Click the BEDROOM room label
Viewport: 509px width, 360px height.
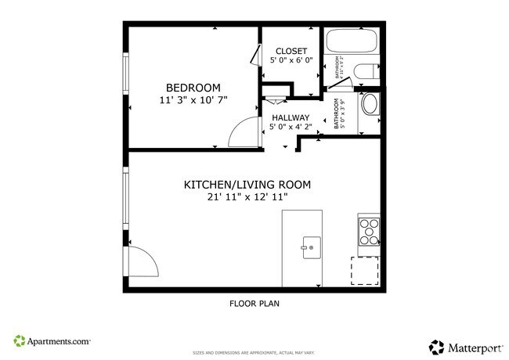tap(193, 88)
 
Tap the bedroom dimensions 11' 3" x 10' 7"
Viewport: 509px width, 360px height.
tap(193, 101)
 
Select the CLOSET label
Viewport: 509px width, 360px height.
tap(291, 51)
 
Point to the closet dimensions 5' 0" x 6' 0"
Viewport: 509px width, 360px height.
tap(291, 60)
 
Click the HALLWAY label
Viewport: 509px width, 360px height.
tap(291, 117)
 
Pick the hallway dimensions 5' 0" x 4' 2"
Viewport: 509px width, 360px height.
tap(291, 127)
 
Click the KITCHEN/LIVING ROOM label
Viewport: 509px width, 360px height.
tap(247, 185)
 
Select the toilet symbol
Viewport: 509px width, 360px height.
tap(366, 74)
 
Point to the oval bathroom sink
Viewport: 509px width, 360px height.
tap(368, 105)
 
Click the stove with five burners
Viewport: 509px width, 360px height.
tap(369, 230)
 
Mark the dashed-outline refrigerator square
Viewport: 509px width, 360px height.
tap(364, 271)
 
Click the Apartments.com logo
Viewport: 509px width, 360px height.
tap(52, 341)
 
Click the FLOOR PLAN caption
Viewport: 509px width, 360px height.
tap(254, 303)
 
